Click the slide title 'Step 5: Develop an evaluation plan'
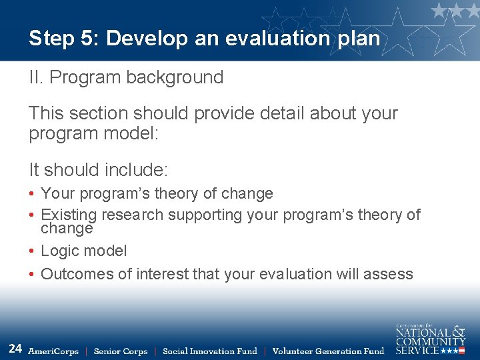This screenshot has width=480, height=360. pyautogui.click(x=204, y=39)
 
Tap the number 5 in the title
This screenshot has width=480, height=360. pyautogui.click(x=89, y=39)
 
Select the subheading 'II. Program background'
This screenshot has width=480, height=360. pyautogui.click(x=126, y=77)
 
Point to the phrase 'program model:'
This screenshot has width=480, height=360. pyautogui.click(x=94, y=133)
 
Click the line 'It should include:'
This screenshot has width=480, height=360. pyautogui.click(x=98, y=169)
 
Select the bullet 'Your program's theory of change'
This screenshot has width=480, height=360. pyautogui.click(x=157, y=194)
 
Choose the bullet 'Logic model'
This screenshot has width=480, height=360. pyautogui.click(x=83, y=251)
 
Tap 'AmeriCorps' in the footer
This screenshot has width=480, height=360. pyautogui.click(x=53, y=351)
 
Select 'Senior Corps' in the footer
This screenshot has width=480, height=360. pyautogui.click(x=121, y=351)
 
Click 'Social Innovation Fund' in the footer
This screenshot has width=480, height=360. pyautogui.click(x=209, y=351)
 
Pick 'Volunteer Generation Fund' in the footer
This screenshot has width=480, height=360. pyautogui.click(x=328, y=351)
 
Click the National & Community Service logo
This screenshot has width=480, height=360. pyautogui.click(x=430, y=339)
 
